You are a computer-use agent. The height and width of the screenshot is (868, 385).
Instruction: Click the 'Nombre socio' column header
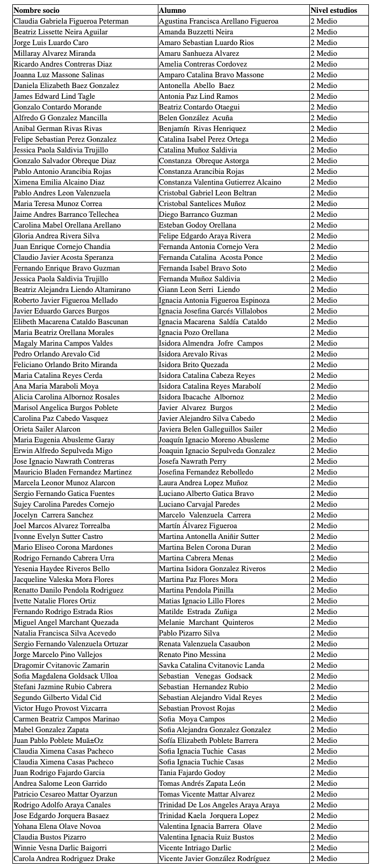[x=37, y=10]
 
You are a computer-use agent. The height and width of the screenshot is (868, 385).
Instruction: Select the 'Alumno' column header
[x=172, y=10]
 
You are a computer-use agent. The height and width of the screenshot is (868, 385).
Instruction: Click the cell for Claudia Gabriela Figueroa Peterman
[x=71, y=21]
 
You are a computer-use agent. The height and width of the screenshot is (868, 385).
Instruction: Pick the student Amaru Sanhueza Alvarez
[x=199, y=53]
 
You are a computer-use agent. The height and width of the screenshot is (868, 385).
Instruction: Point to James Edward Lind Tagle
[x=54, y=96]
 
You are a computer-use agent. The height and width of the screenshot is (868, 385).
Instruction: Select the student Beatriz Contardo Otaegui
[x=199, y=107]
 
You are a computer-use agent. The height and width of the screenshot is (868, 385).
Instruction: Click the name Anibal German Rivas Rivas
[x=57, y=128]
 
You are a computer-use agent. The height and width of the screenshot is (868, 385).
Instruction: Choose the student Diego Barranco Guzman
[x=198, y=214]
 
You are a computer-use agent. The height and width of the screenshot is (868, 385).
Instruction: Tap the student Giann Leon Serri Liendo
[x=199, y=289]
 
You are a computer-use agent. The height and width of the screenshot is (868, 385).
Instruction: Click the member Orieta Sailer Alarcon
[x=47, y=429]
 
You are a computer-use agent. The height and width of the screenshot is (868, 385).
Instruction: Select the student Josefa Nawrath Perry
[x=193, y=461]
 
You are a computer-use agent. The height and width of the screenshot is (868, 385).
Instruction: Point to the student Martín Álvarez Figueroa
[x=198, y=526]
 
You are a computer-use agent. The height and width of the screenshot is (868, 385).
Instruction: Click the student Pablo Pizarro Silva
[x=189, y=633]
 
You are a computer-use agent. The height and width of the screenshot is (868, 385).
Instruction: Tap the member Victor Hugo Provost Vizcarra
[x=60, y=708]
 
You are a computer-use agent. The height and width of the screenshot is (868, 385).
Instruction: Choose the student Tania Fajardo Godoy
[x=192, y=772]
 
